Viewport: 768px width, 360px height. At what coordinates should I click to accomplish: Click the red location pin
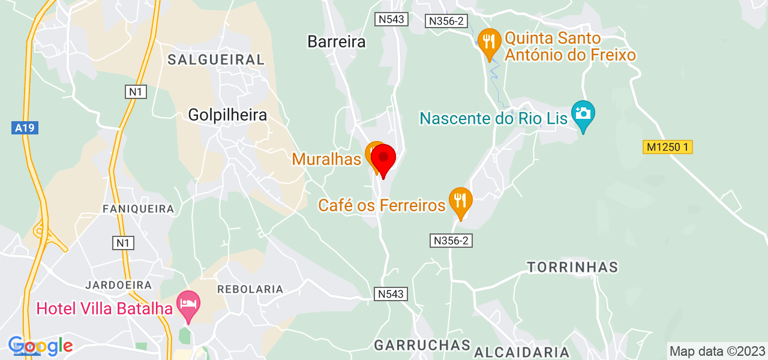tap(383, 159)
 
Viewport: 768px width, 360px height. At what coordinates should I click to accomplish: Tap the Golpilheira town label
tap(227, 115)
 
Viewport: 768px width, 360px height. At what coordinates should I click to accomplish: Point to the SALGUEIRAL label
tap(215, 59)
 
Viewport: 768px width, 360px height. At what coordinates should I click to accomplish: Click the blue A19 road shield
tap(25, 128)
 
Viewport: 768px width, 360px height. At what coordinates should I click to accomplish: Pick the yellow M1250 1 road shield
tap(668, 147)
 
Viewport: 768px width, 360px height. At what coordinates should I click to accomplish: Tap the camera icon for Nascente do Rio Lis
tap(583, 113)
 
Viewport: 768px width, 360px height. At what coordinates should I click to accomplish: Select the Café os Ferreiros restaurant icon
tap(460, 199)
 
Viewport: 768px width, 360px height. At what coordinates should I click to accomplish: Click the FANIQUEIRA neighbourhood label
tap(138, 209)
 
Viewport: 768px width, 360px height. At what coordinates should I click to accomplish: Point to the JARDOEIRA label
tap(118, 284)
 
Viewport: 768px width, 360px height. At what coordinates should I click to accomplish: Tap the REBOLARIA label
tap(250, 289)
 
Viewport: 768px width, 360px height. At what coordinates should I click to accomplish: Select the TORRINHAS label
tap(572, 266)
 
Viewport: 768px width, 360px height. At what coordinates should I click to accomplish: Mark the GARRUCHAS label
tap(422, 345)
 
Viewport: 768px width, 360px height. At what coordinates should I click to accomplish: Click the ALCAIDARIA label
tap(521, 352)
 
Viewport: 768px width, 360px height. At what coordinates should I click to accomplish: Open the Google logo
tap(40, 346)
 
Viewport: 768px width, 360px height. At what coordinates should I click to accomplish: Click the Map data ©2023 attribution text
tap(717, 351)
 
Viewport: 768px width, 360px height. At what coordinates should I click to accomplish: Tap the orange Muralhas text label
tap(327, 159)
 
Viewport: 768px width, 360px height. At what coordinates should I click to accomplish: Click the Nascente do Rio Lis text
tap(493, 118)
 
